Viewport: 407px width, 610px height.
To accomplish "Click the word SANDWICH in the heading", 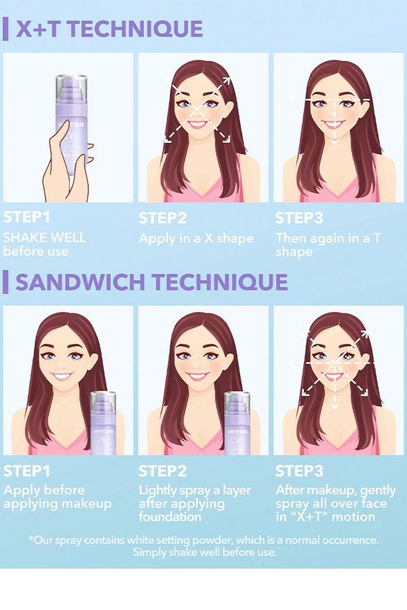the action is click(x=80, y=283).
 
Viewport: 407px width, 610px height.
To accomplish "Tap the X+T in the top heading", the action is click(x=39, y=28).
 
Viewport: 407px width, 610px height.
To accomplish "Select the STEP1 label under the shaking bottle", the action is click(x=27, y=218).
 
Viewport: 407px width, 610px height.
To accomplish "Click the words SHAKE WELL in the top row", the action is click(x=44, y=238).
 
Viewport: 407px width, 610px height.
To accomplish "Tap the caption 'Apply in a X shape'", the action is click(x=196, y=238).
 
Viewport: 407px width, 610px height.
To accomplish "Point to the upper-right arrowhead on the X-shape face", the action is click(x=227, y=81).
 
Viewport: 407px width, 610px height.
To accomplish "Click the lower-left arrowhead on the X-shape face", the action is click(x=168, y=138).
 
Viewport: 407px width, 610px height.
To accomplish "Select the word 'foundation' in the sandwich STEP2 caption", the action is click(x=170, y=516).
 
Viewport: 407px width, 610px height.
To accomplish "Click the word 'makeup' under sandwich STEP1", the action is click(x=86, y=504).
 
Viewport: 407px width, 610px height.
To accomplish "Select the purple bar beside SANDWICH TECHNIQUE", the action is click(x=5, y=283).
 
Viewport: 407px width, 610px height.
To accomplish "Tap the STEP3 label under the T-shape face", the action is click(x=299, y=218).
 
